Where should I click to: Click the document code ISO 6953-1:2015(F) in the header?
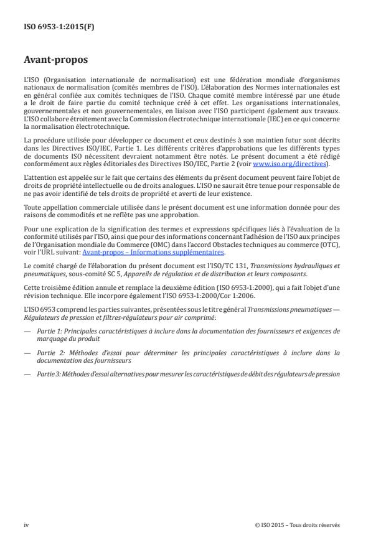pos(51,27)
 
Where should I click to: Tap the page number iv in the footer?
pos(26,525)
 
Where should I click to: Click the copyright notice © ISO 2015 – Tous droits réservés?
pos(298,525)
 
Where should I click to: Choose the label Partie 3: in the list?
pos(45,375)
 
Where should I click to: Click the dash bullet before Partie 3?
pos(27,375)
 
